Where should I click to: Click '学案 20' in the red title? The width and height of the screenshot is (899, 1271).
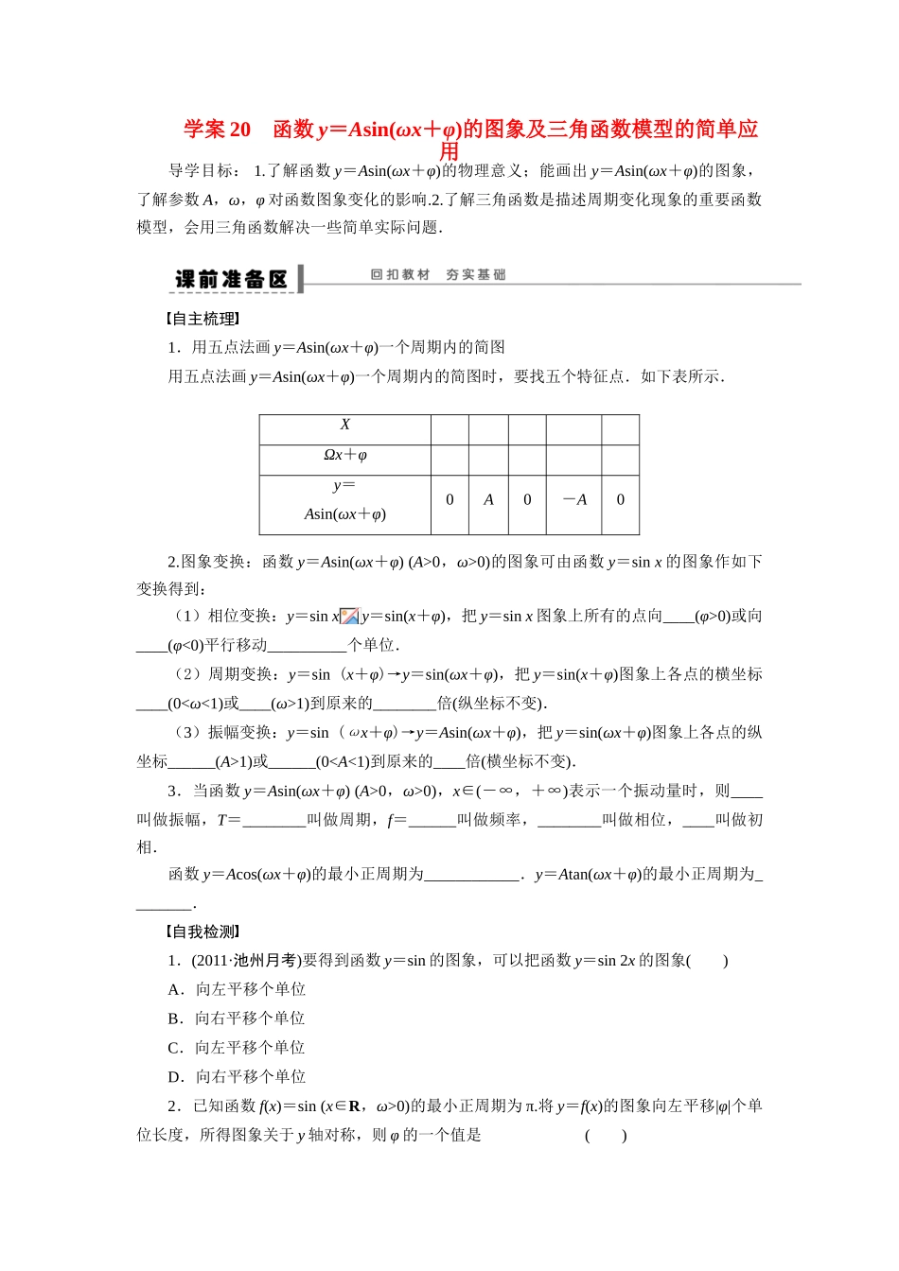217,130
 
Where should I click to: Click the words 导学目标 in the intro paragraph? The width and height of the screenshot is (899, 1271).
200,171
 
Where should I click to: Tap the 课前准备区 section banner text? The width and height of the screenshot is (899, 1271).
231,279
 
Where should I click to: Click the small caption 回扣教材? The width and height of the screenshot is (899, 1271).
399,274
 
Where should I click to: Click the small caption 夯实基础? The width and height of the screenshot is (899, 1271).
475,274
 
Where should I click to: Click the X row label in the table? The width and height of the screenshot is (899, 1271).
344,425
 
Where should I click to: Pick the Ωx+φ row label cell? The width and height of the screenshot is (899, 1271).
344,455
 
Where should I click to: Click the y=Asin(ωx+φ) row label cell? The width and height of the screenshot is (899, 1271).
344,500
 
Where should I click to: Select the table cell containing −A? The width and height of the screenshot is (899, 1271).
574,499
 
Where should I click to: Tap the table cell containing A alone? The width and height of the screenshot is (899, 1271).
488,499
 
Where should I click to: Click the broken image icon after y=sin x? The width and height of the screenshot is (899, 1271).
349,617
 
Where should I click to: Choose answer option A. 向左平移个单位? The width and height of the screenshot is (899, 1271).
237,989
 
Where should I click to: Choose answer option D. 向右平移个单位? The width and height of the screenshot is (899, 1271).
237,1076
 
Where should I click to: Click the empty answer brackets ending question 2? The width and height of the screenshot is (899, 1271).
606,1135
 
